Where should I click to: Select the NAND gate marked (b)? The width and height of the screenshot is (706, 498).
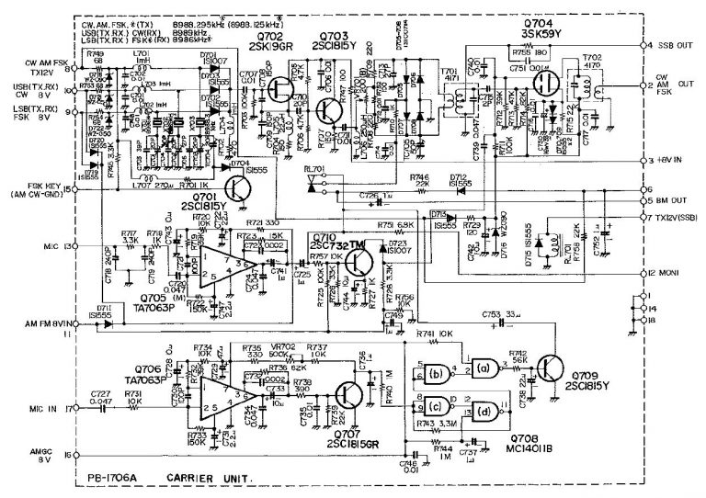click(x=437, y=373)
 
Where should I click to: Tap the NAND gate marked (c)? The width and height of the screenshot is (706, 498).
click(x=437, y=405)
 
